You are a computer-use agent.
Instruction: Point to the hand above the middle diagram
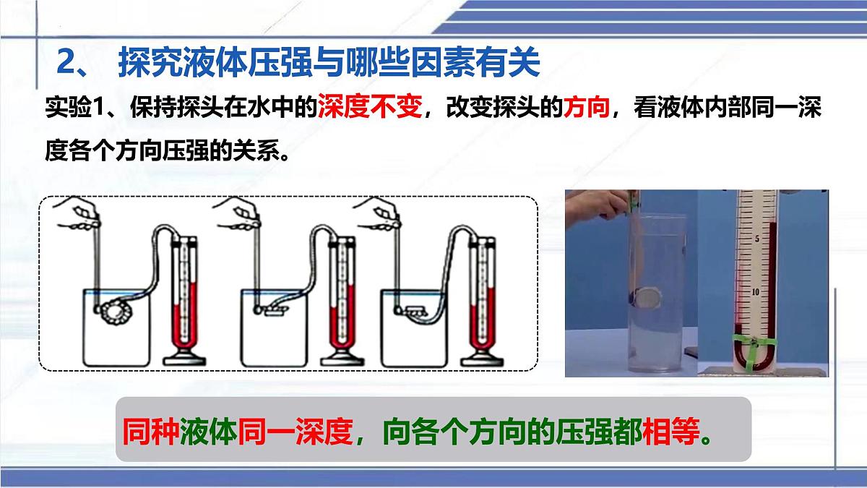point(246,214)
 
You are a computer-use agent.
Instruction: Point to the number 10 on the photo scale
point(756,292)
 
